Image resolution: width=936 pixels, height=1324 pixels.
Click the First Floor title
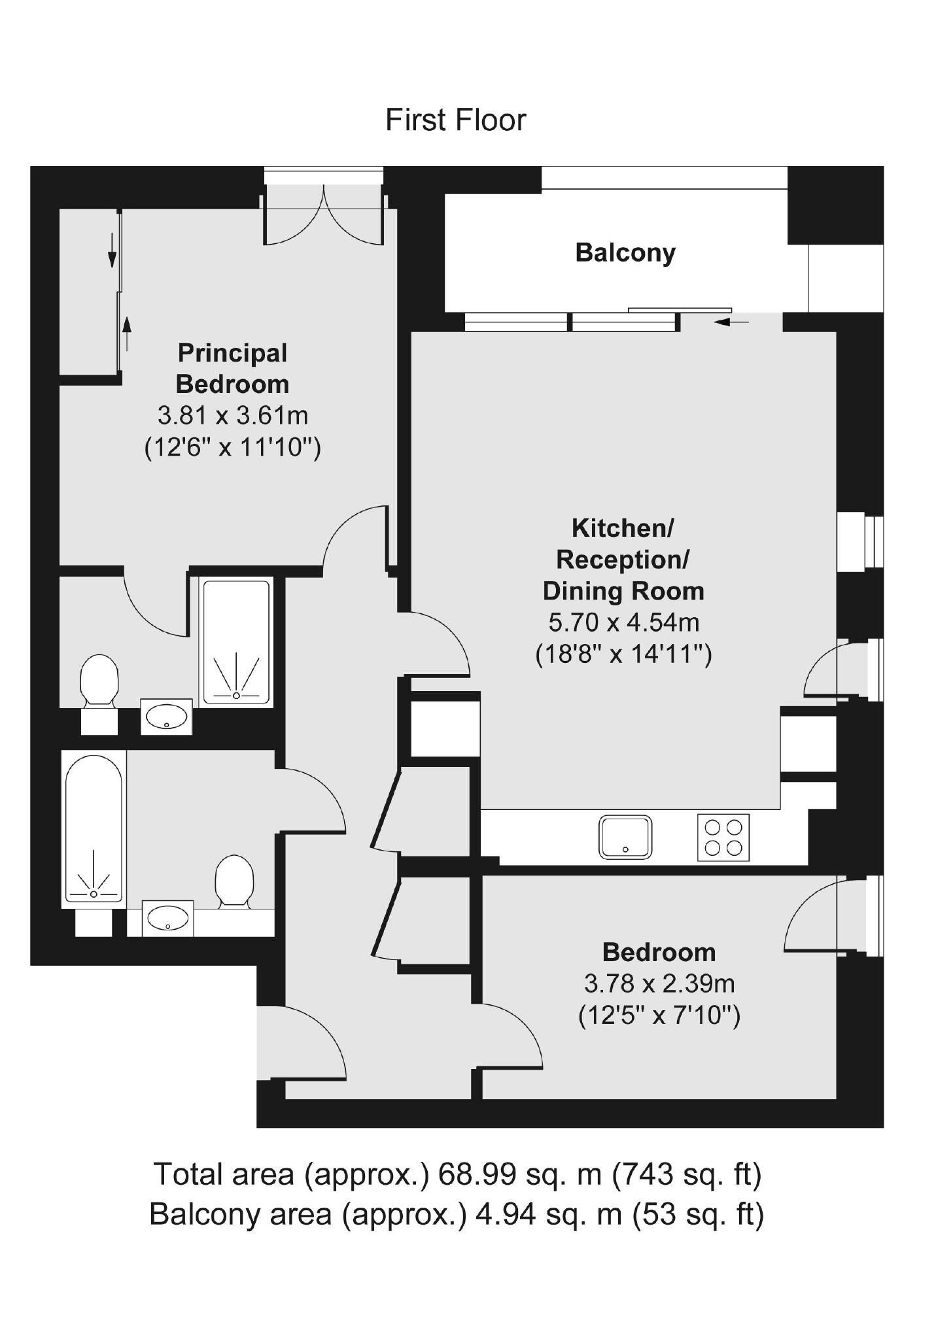(x=455, y=120)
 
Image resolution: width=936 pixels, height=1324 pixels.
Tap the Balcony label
(x=625, y=252)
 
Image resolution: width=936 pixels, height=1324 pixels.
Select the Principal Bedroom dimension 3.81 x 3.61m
(x=232, y=415)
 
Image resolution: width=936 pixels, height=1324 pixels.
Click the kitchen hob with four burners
(x=723, y=838)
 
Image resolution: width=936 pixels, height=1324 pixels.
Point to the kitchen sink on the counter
(x=625, y=838)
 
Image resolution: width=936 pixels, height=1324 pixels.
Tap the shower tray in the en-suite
(x=236, y=643)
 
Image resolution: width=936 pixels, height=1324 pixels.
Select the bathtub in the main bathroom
(x=94, y=829)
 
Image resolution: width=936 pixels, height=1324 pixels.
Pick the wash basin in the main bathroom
(x=167, y=919)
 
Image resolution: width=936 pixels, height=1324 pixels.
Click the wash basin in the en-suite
(x=166, y=717)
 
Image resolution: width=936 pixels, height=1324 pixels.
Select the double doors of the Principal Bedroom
(x=323, y=216)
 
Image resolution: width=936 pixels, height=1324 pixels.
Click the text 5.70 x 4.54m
(x=623, y=622)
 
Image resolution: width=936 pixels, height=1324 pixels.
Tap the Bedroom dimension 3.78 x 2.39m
(x=659, y=983)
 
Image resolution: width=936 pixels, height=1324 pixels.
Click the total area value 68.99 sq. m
(x=519, y=1175)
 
